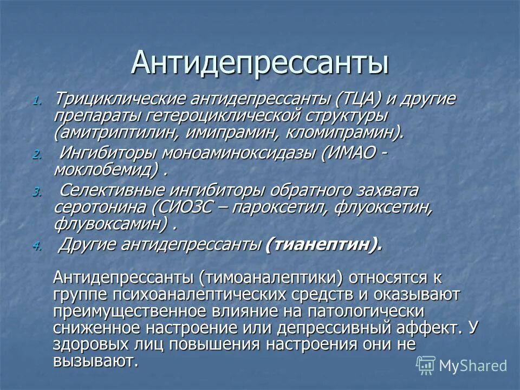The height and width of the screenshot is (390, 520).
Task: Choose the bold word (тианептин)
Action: (x=323, y=245)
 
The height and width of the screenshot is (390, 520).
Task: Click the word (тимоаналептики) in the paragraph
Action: (x=271, y=278)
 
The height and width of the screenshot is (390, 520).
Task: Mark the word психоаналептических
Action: (x=198, y=295)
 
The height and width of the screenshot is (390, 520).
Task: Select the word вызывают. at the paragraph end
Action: (x=96, y=361)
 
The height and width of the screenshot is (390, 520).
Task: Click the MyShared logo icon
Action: (x=426, y=365)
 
